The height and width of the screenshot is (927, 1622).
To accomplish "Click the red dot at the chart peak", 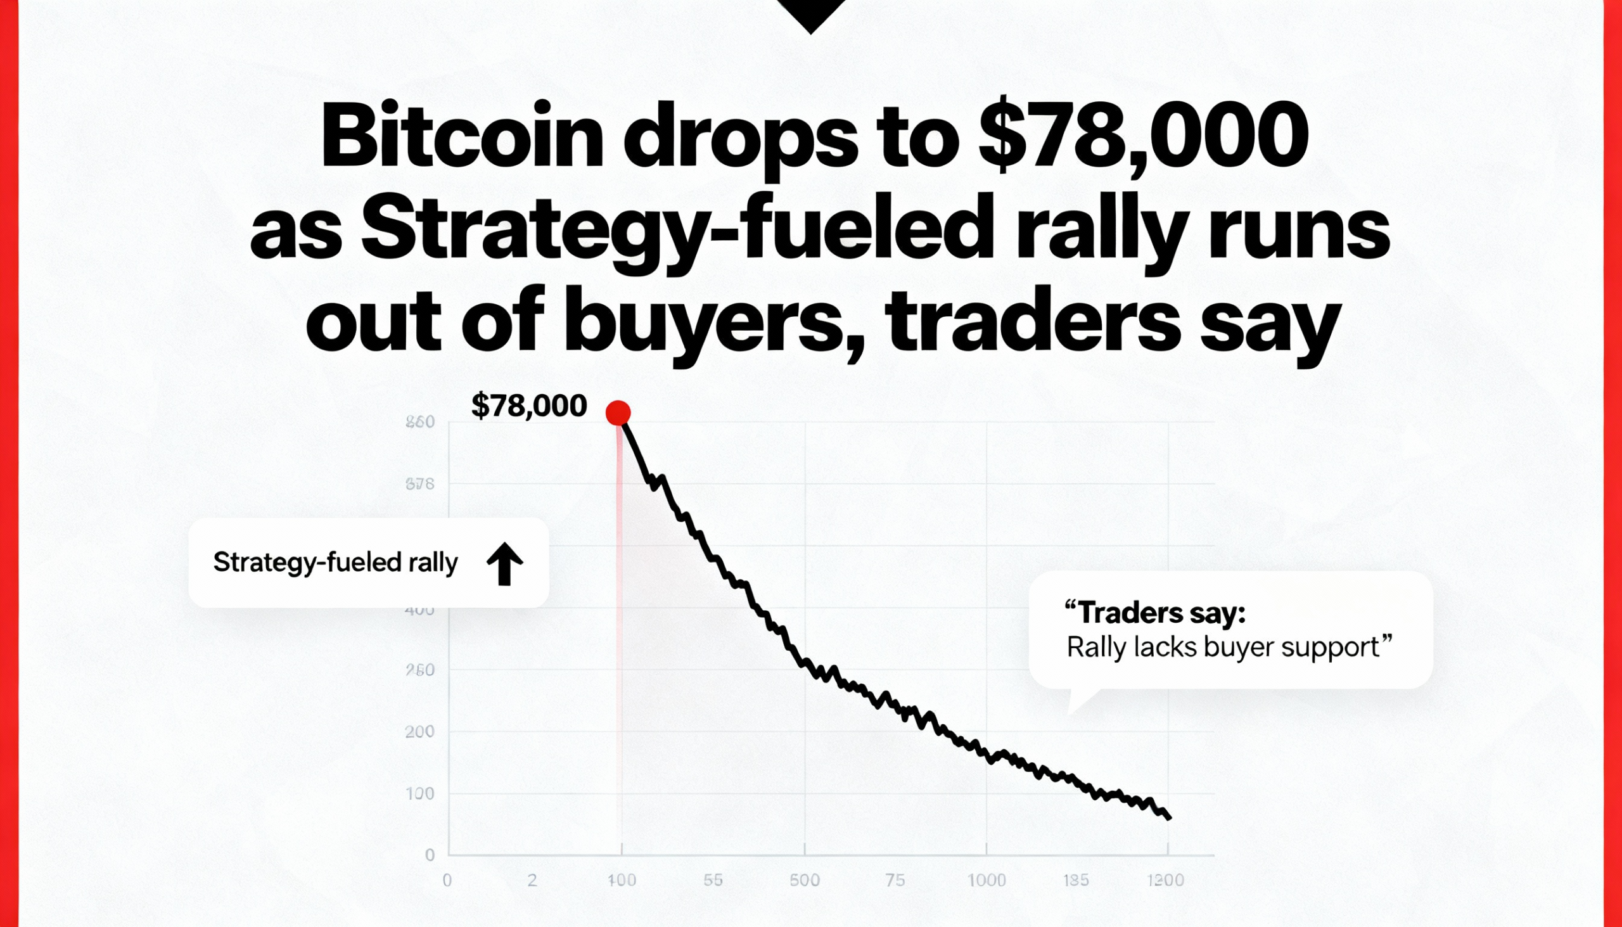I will pyautogui.click(x=618, y=412).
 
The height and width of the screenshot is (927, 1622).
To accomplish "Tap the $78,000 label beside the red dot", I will pyautogui.click(x=529, y=406).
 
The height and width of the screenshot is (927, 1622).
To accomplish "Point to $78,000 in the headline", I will pyautogui.click(x=1143, y=137).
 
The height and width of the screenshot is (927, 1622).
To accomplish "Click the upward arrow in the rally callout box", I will pyautogui.click(x=505, y=563).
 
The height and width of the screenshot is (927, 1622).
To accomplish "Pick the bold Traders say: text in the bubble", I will pyautogui.click(x=1156, y=613).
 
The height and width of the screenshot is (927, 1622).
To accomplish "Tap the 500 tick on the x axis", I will pyautogui.click(x=805, y=881).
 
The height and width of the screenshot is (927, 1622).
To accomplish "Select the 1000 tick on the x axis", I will pyautogui.click(x=987, y=881).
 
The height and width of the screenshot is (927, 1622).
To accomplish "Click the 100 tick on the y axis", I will pyautogui.click(x=419, y=794).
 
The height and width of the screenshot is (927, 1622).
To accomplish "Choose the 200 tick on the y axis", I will pyautogui.click(x=419, y=732).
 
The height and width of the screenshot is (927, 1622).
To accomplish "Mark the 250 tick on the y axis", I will pyautogui.click(x=419, y=670).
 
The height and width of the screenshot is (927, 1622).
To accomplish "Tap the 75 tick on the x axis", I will pyautogui.click(x=895, y=881).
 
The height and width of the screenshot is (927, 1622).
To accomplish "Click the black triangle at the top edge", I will pyautogui.click(x=811, y=13).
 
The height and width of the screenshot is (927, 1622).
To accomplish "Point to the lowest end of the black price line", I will pyautogui.click(x=1170, y=819).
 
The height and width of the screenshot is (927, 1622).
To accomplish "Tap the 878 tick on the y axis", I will pyautogui.click(x=419, y=485).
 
